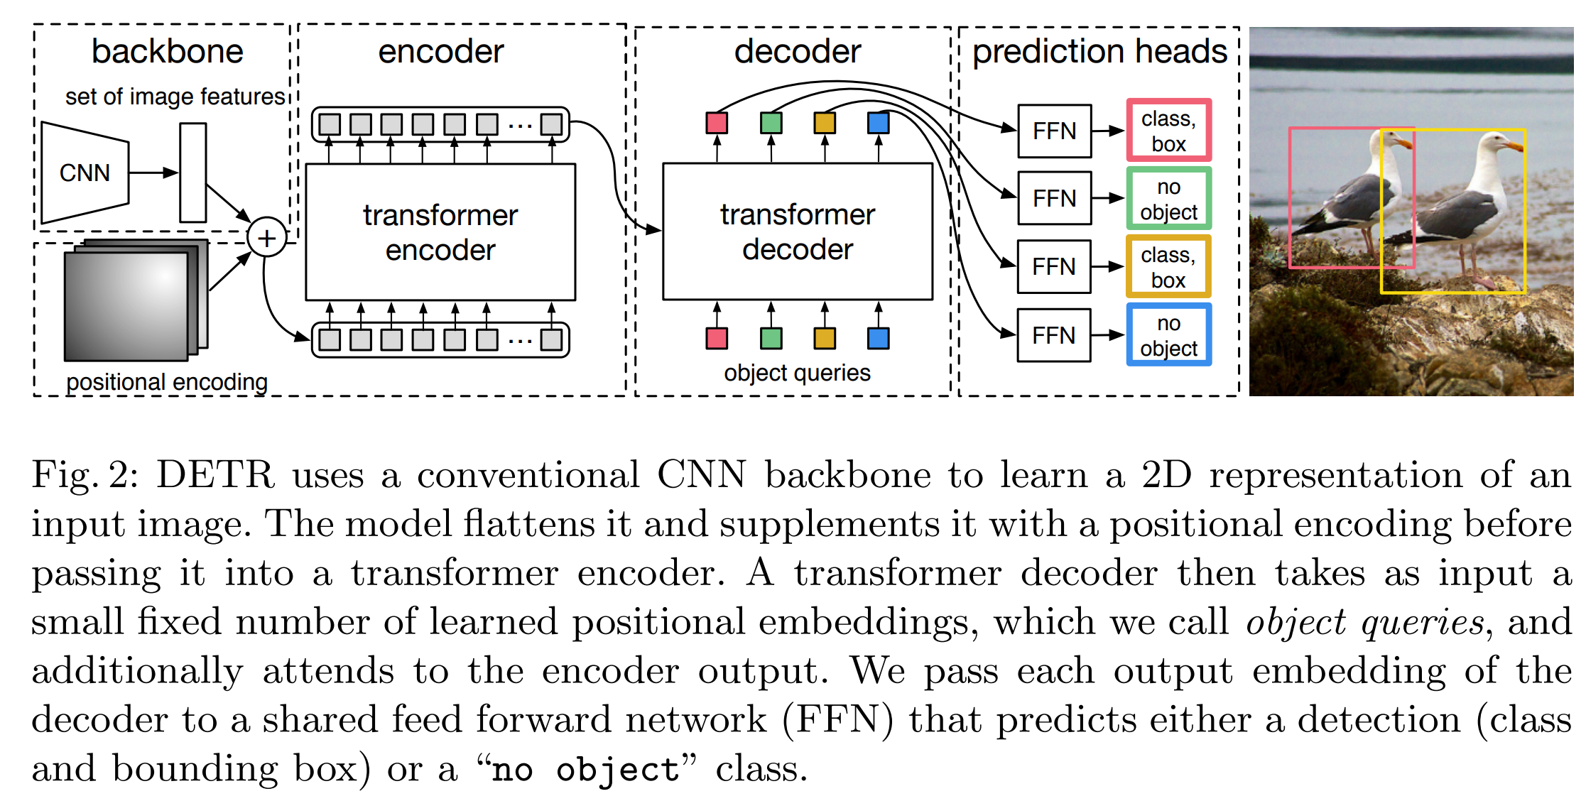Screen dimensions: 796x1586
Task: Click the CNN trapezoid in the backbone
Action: click(x=85, y=173)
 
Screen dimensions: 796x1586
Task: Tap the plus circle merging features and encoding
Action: click(x=266, y=238)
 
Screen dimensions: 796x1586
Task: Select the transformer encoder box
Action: click(x=440, y=232)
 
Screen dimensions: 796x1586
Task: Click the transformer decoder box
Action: click(x=797, y=231)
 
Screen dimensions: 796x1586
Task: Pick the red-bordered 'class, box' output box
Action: click(x=1168, y=131)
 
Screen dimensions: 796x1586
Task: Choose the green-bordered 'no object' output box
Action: click(x=1168, y=199)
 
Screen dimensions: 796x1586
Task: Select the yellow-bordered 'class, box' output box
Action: click(x=1168, y=267)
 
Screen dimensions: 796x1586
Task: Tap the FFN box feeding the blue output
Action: click(x=1054, y=335)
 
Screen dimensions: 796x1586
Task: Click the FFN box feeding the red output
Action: click(x=1055, y=131)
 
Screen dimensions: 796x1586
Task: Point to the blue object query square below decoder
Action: click(x=879, y=338)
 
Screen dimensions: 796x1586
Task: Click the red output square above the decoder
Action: click(x=717, y=123)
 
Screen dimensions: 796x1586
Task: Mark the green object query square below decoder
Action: click(x=771, y=338)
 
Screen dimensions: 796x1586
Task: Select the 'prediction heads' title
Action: click(x=1099, y=51)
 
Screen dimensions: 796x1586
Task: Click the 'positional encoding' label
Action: click(x=167, y=382)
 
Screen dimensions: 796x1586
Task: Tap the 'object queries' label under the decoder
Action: click(x=797, y=373)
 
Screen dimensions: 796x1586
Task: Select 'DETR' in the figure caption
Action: click(x=214, y=475)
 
